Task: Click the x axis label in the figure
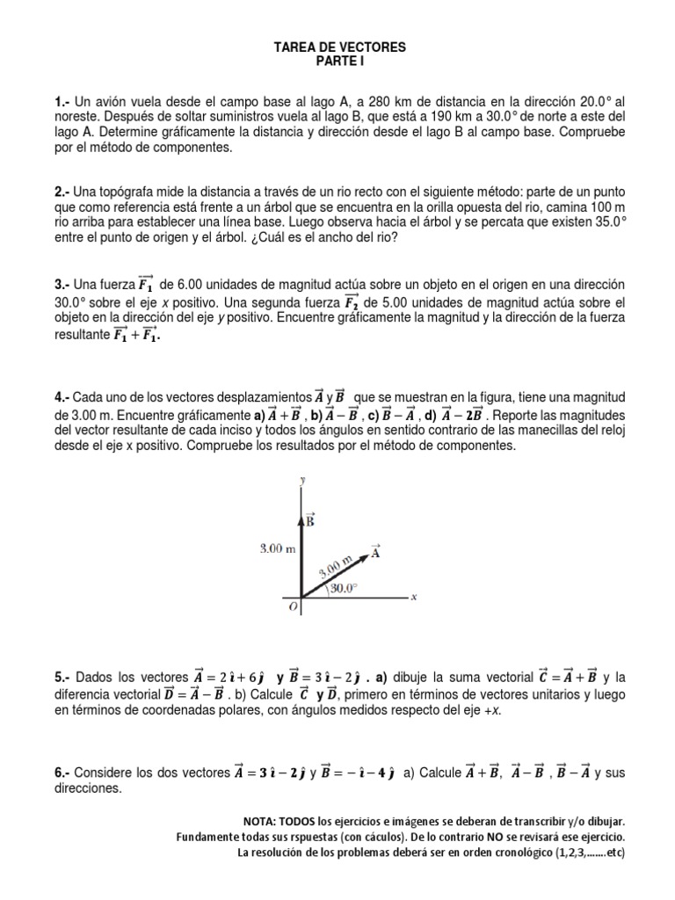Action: [413, 597]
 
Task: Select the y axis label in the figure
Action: [302, 480]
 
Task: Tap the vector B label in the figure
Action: [310, 520]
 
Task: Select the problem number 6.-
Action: [62, 773]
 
